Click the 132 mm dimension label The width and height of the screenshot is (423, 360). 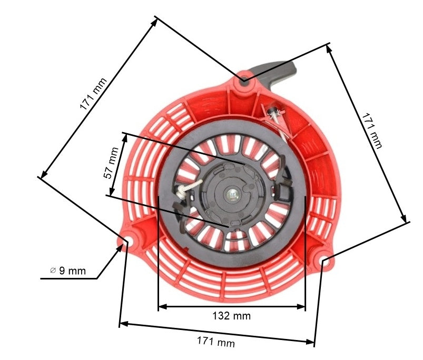click(232, 316)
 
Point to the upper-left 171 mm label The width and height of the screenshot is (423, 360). click(93, 94)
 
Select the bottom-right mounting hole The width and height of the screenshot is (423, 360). click(324, 259)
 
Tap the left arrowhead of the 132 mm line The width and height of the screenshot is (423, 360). click(161, 306)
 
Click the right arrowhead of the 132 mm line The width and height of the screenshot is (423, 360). click(302, 306)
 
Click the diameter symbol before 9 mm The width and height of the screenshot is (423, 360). click(53, 271)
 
